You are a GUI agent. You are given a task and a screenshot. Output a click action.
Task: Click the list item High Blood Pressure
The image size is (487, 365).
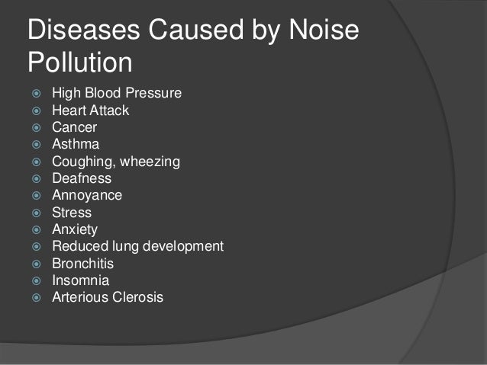[117, 94]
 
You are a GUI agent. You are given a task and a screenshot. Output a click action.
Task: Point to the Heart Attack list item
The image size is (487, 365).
[90, 111]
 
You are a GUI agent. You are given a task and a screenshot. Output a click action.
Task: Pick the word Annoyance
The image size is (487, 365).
[86, 195]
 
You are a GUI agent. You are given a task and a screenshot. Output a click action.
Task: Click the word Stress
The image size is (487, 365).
[71, 213]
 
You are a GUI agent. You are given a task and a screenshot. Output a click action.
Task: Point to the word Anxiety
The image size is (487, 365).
[74, 229]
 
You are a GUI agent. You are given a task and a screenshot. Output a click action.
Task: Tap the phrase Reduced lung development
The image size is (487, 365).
[137, 246]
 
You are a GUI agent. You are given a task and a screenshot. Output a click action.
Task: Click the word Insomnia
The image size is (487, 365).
[80, 280]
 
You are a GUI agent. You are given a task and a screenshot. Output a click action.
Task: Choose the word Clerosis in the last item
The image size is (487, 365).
[137, 296]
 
